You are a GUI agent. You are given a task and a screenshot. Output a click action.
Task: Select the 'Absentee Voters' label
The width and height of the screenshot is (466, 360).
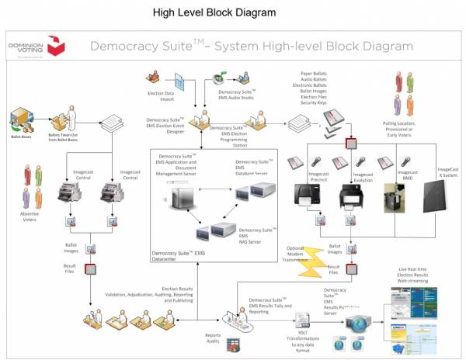(x=30, y=217)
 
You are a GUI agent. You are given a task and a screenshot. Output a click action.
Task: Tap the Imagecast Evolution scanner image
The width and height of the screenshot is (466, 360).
(x=353, y=196)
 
